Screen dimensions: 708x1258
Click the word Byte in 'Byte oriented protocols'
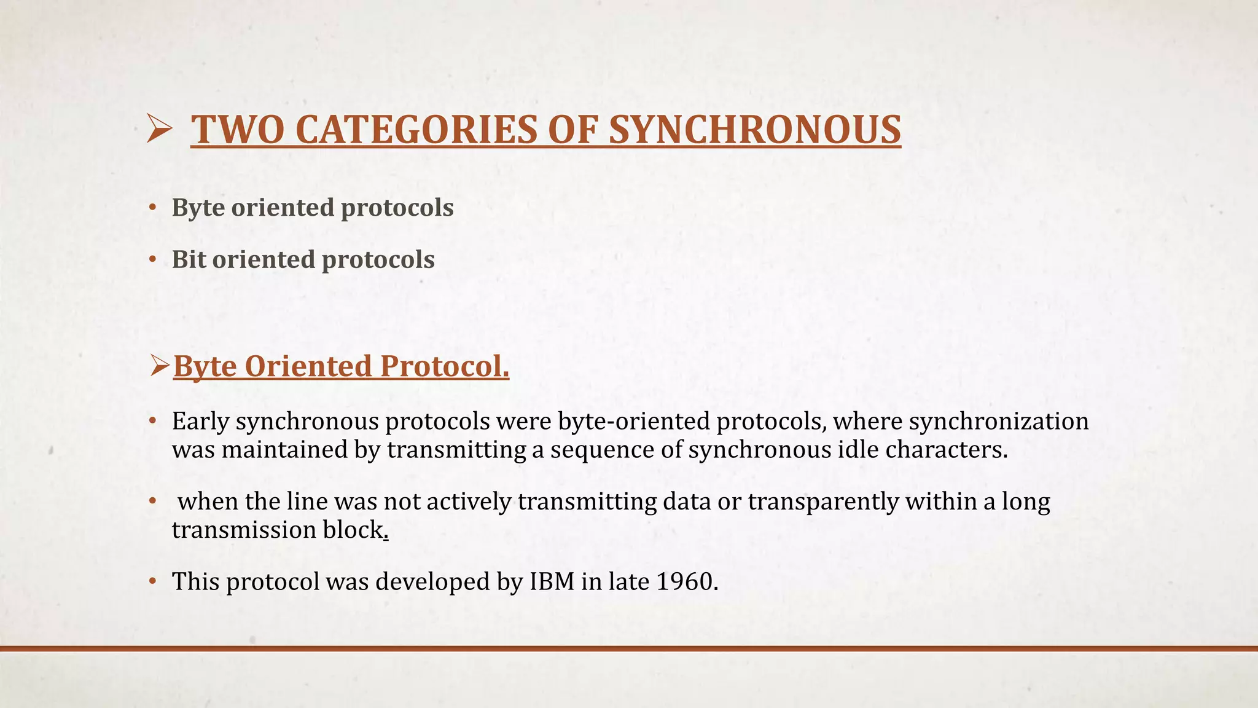198,208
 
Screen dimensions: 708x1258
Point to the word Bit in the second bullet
188,259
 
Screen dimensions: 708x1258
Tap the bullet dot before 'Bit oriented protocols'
153,260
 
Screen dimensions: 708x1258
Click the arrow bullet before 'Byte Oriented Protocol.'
160,367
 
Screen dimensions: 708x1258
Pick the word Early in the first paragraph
200,422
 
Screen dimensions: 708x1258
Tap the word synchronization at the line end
998,422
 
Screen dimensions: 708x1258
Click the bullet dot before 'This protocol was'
153,581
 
